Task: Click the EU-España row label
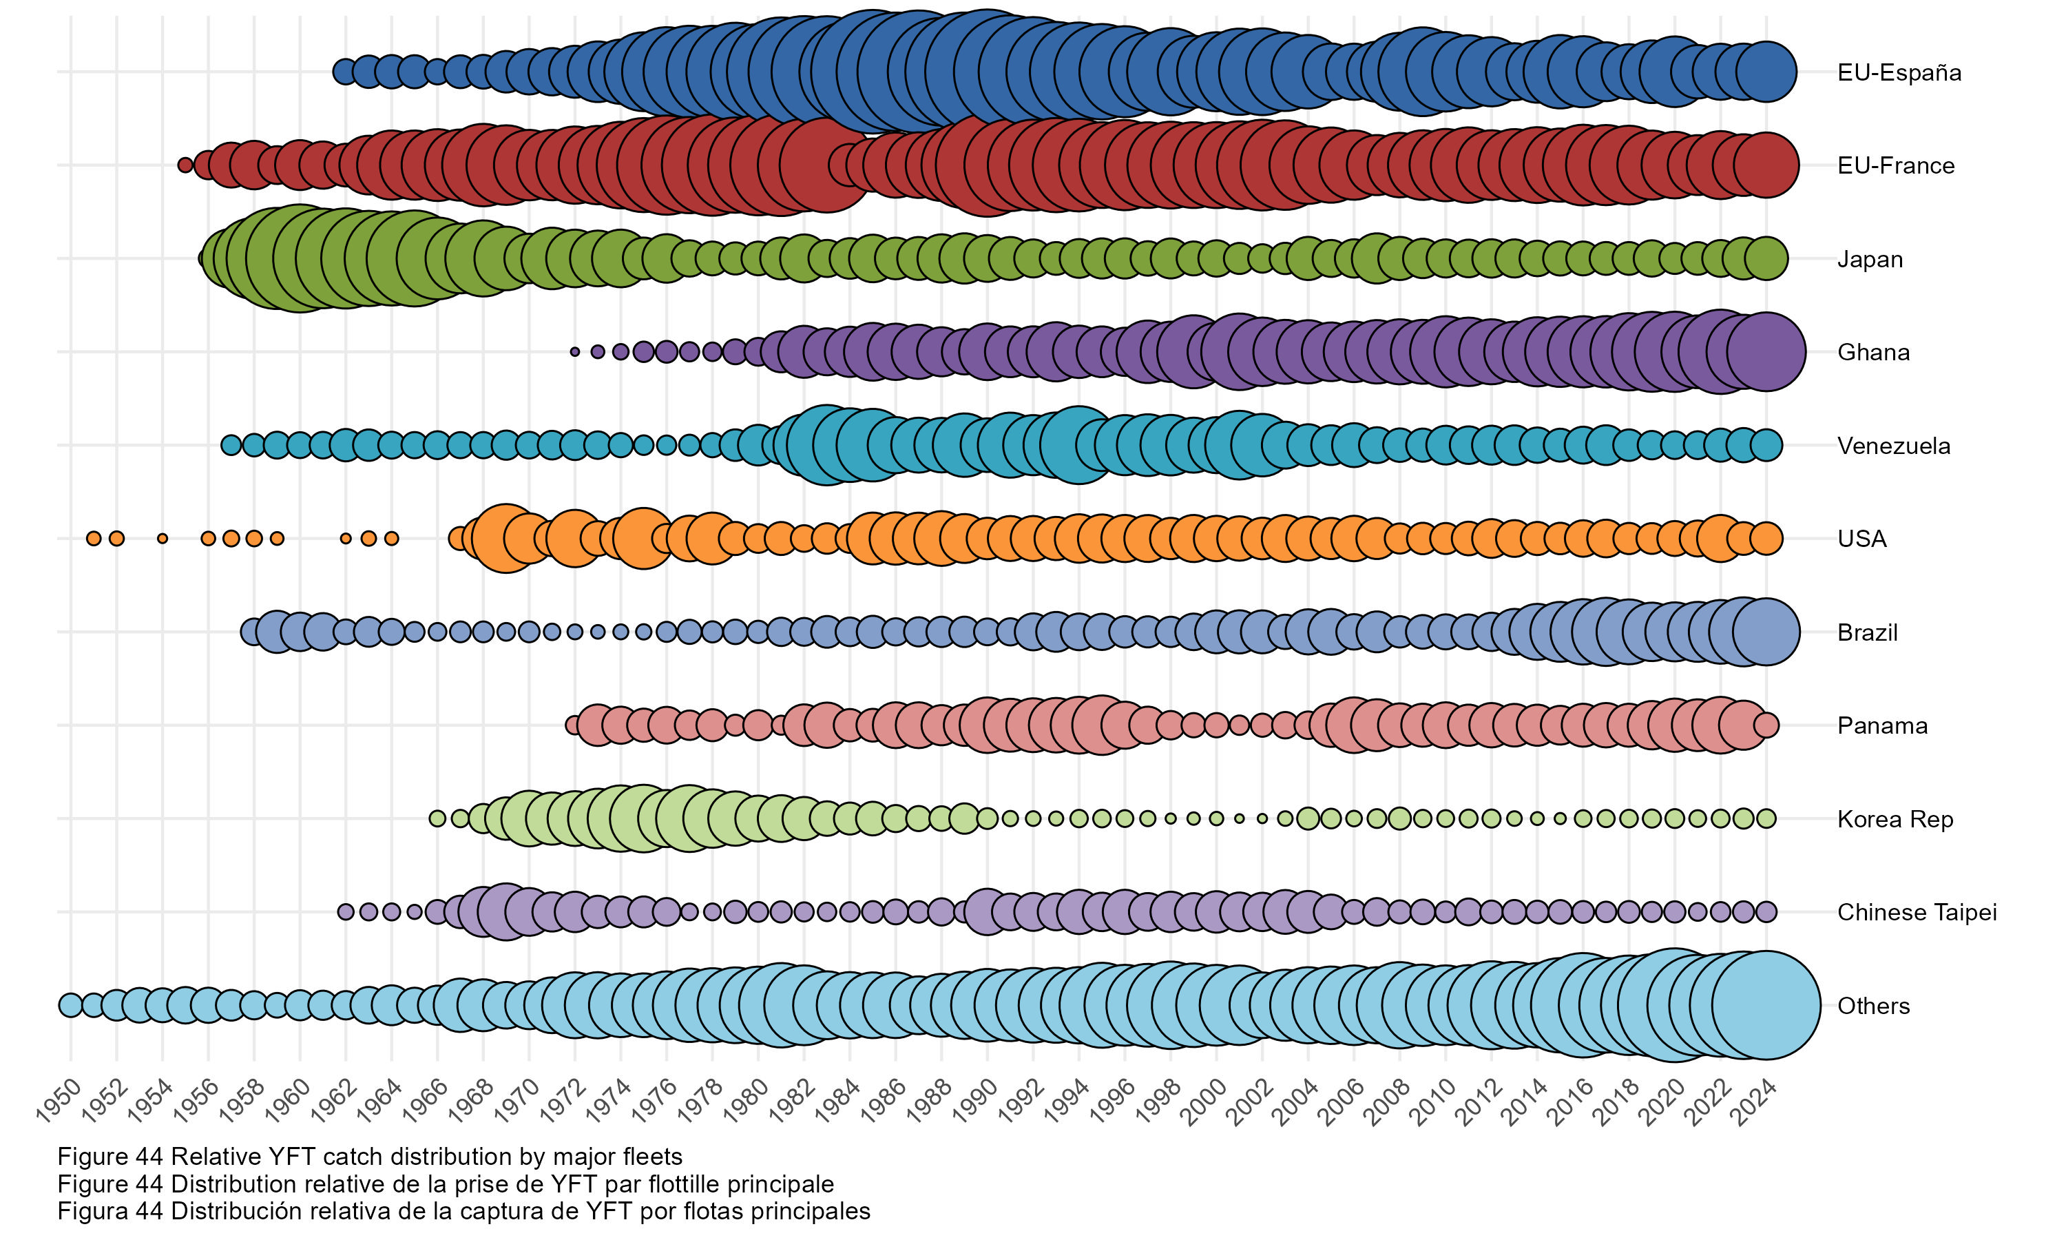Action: [1898, 73]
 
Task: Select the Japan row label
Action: [1869, 259]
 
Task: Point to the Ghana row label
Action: [1872, 352]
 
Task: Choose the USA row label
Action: [1861, 539]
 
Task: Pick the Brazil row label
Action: [1866, 632]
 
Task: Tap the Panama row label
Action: [1881, 725]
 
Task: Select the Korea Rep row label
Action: [1894, 819]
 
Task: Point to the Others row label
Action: [1873, 1005]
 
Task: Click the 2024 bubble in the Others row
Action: [1765, 1005]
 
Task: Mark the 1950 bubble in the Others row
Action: [70, 1005]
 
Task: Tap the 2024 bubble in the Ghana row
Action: [1765, 352]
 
